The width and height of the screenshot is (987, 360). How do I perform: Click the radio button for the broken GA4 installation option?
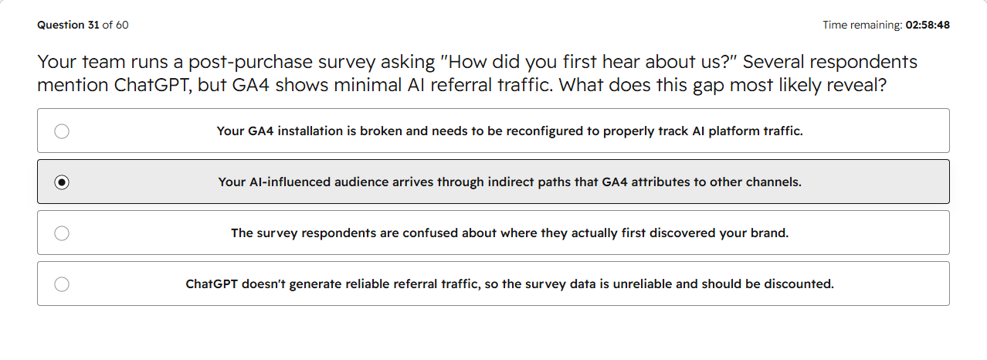click(x=62, y=131)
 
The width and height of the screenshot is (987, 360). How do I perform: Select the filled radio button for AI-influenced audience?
click(x=62, y=182)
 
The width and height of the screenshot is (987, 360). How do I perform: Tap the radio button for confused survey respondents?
click(x=62, y=233)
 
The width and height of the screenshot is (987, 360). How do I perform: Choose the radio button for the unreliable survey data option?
click(x=62, y=284)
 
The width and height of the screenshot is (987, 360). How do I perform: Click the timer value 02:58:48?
click(x=928, y=25)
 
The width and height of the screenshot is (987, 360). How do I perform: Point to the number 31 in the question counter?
click(x=93, y=25)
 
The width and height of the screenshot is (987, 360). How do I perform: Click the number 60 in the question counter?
click(x=122, y=25)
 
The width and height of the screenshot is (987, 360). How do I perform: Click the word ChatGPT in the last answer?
click(x=212, y=284)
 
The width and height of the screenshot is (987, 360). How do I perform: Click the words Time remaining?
click(x=863, y=25)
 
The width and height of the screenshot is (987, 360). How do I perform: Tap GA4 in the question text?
click(x=251, y=85)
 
